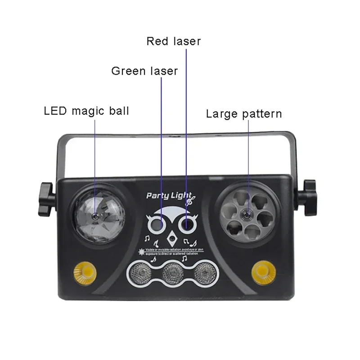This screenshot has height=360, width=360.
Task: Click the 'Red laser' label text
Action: [x=173, y=41]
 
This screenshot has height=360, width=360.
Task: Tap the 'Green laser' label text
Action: [x=144, y=71]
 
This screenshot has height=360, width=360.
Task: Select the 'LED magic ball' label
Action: [x=86, y=111]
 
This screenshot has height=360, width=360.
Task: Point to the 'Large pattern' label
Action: [x=244, y=113]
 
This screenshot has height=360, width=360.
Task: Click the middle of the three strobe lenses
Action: [x=172, y=272]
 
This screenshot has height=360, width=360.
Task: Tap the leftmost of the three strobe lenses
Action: [x=140, y=272]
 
